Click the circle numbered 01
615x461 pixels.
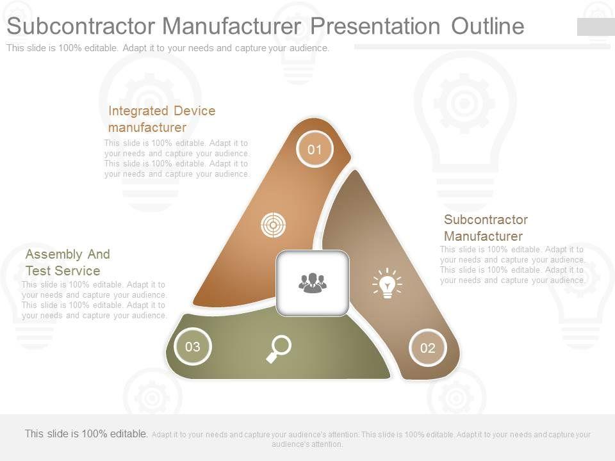(x=315, y=150)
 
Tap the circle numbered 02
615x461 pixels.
(x=427, y=348)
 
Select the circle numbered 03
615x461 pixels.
(x=193, y=347)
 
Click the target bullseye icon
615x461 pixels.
(x=274, y=225)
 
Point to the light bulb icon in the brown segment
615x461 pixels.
(x=387, y=283)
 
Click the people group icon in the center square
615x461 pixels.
(x=313, y=283)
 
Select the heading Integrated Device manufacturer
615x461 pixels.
(x=161, y=119)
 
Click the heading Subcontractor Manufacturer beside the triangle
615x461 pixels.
(x=486, y=228)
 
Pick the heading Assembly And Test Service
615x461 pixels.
(x=67, y=263)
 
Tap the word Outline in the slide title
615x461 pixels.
(x=488, y=26)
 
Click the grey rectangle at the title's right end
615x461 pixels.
(x=596, y=27)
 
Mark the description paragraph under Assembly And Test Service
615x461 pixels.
(x=94, y=300)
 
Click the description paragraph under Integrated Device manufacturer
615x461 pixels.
(x=177, y=159)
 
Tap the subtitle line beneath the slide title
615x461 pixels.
(x=168, y=48)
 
